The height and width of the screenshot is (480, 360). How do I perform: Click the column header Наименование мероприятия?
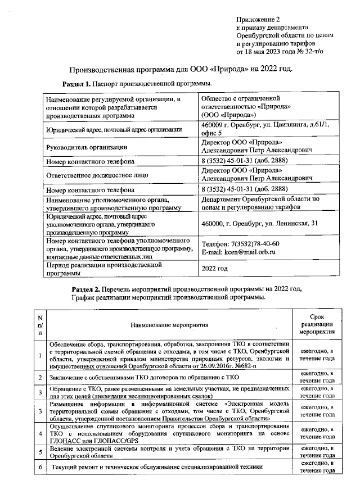pyautogui.click(x=169, y=324)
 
